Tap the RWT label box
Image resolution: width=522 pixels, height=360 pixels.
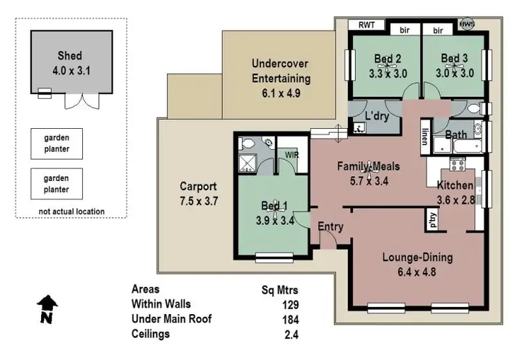(366, 25)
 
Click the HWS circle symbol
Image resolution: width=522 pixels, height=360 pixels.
(466, 25)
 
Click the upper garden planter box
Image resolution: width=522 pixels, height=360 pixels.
(56, 144)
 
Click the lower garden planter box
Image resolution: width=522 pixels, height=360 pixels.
(56, 184)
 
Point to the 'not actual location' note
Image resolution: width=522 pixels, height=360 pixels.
(71, 212)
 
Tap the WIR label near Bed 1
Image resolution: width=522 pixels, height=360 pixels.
(292, 155)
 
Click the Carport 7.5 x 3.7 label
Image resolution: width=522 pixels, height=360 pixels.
(198, 194)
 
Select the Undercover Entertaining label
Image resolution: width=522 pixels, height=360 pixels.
(281, 78)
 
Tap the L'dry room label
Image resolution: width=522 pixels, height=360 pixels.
(377, 115)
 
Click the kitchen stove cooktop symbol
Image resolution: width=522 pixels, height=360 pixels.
(458, 164)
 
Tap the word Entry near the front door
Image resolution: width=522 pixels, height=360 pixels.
(330, 227)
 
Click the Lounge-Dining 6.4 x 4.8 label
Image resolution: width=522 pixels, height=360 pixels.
(418, 265)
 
